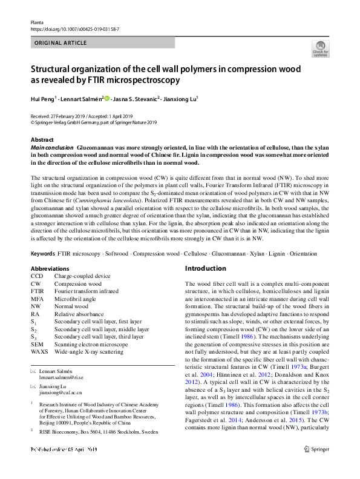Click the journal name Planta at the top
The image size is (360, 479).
tap(37, 21)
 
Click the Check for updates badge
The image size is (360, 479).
tap(320, 49)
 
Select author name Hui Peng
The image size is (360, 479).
tap(42, 98)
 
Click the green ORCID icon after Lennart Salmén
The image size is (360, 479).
tap(107, 98)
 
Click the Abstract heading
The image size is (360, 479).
tap(42, 139)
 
